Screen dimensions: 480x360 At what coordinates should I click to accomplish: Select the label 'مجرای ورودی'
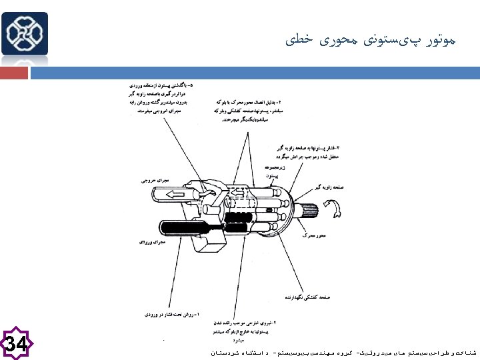[x=152, y=243]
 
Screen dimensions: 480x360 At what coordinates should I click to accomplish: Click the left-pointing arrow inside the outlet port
[x=177, y=195]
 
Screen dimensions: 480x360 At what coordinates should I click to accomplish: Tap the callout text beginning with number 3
[x=309, y=151]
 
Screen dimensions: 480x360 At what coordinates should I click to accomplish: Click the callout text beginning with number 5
[x=162, y=99]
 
